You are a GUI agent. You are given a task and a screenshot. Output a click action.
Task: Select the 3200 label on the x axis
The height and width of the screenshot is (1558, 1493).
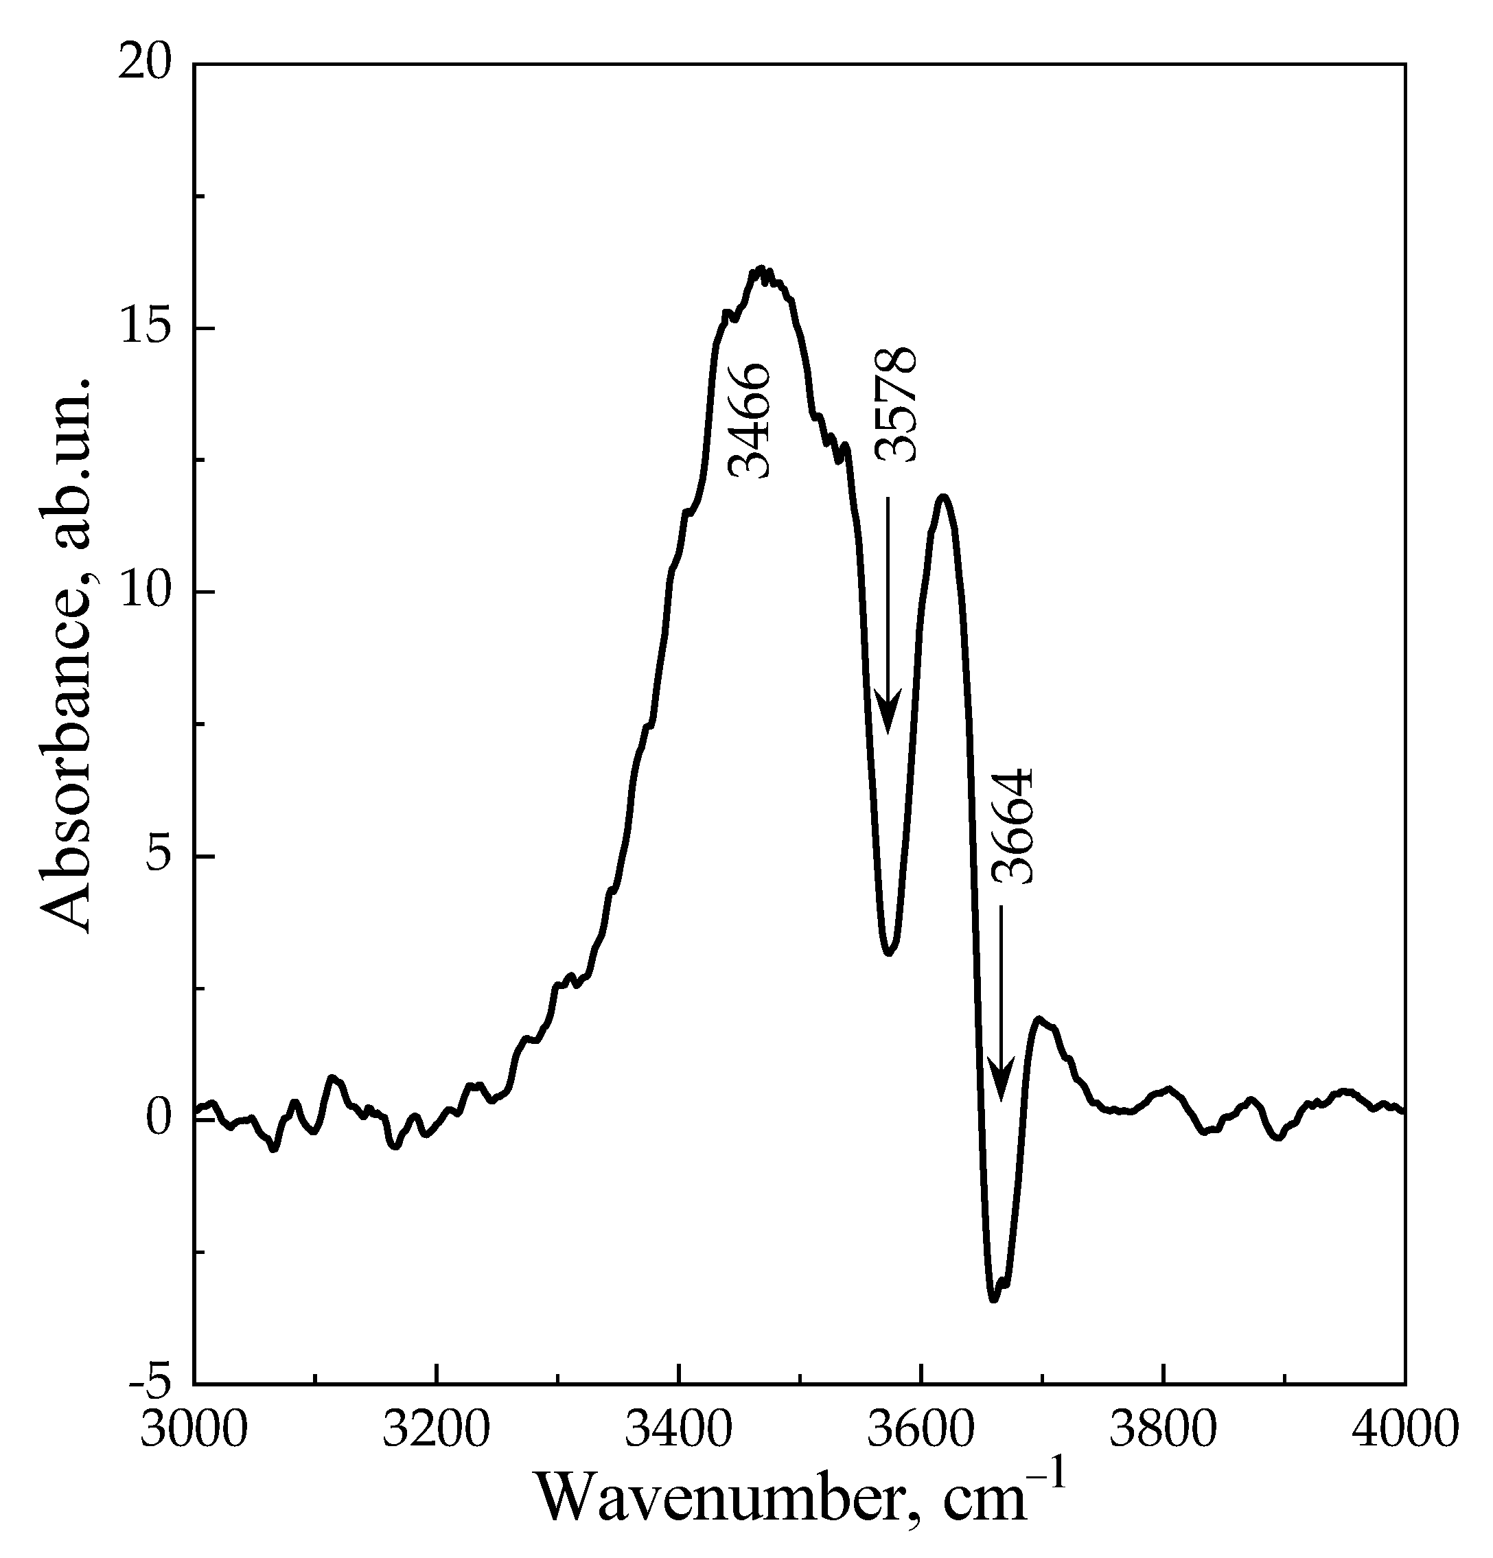436,1428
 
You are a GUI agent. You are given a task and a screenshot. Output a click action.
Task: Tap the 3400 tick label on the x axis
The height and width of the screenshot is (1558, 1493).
678,1428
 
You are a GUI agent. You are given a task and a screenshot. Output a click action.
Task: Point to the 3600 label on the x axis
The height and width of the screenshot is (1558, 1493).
921,1428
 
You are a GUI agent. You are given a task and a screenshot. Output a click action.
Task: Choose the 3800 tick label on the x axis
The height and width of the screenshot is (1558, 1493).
1163,1428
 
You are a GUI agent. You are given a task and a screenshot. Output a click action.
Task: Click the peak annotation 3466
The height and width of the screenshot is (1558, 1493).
750,421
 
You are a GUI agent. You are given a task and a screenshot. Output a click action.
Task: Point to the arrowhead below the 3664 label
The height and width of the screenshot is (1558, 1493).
1000,1080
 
